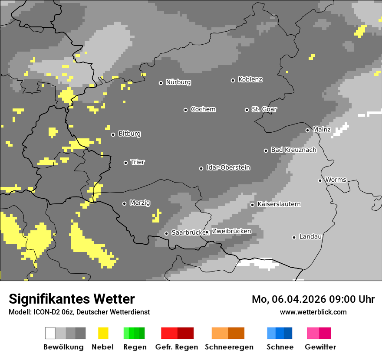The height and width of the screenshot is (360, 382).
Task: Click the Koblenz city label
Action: pos(250,80)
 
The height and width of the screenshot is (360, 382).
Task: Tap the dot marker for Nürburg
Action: pos(161,83)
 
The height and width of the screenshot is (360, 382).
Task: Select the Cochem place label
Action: pos(203,109)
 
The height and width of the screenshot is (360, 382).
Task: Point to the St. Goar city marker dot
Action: pos(247,110)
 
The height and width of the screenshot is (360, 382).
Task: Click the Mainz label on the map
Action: pos(322,130)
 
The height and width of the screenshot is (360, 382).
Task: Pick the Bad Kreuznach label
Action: pos(293,150)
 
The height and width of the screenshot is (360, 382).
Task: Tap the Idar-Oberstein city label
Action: pos(228,168)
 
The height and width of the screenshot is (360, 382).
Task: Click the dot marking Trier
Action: pos(126,163)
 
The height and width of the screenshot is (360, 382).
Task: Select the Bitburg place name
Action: pos(129,134)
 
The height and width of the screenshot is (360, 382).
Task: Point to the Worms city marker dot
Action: pos(320,180)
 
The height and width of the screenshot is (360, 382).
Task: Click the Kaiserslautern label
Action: pos(279,204)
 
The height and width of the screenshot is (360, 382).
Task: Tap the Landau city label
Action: pos(310,237)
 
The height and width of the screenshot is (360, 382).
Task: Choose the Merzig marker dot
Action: pos(125,203)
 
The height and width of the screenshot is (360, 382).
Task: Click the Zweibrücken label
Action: pos(231,232)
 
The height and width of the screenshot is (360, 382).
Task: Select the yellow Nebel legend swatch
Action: pos(103,333)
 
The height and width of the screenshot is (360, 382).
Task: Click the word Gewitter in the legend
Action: pos(320,347)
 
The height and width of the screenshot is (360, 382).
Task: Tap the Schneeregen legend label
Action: pos(229,347)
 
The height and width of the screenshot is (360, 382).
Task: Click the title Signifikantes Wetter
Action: pos(72,299)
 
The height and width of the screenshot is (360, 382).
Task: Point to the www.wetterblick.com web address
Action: pos(313,312)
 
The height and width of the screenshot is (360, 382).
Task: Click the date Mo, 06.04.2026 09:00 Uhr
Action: pos(313,299)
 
